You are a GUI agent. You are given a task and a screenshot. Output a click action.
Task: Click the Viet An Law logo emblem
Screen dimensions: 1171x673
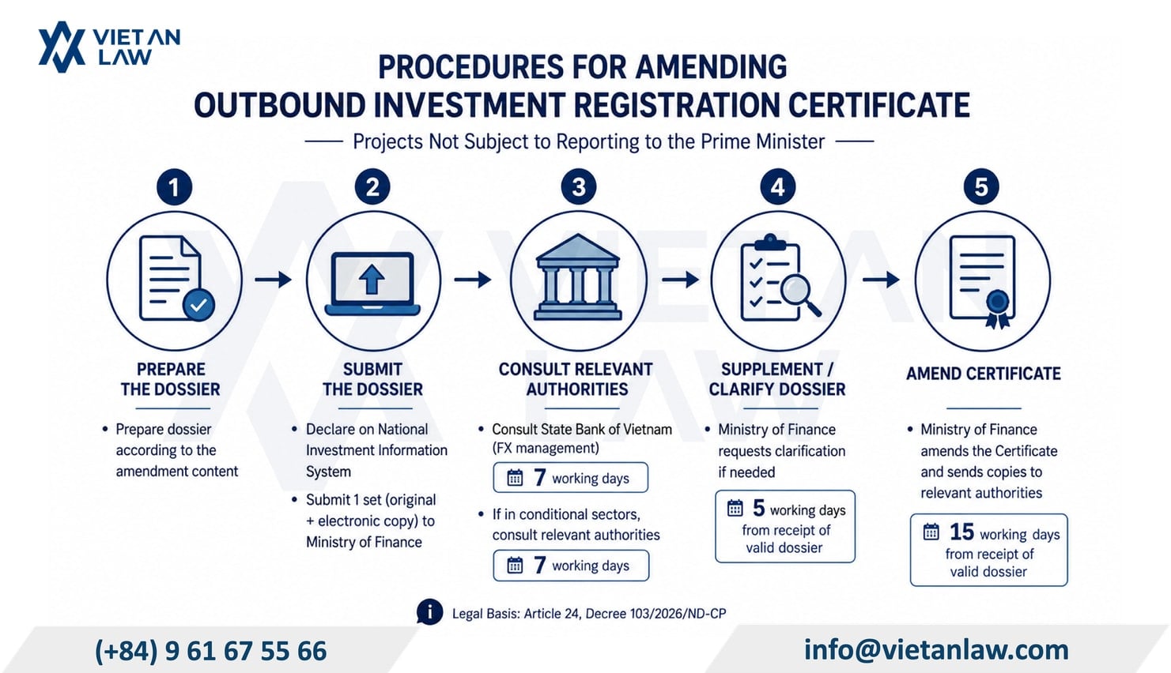62,47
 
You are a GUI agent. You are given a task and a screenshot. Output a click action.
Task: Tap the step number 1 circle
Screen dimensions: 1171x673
174,187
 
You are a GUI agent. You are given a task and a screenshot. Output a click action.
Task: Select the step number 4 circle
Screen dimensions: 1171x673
777,187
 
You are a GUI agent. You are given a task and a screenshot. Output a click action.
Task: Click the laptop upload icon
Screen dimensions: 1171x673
372,284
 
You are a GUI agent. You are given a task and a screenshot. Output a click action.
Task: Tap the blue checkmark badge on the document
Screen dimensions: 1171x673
198,305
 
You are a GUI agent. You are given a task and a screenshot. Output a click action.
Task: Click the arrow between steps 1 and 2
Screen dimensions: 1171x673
273,280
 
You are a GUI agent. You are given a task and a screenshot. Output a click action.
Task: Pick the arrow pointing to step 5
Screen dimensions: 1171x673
881,280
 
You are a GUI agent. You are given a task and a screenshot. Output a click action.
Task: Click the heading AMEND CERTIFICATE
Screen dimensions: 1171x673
984,374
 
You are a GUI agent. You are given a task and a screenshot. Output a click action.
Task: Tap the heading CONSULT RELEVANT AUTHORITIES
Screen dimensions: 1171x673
576,379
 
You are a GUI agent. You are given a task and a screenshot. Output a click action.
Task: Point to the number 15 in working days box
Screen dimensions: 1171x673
961,532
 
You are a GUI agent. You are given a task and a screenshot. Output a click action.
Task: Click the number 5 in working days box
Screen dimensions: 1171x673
758,507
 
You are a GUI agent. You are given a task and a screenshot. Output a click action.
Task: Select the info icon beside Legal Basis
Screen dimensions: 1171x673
429,612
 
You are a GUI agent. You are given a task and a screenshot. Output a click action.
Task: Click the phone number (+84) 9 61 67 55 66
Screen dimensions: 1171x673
210,651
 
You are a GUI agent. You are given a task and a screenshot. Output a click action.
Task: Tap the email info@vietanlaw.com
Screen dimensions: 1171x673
936,650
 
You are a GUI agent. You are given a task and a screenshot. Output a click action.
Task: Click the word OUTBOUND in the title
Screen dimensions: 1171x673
280,105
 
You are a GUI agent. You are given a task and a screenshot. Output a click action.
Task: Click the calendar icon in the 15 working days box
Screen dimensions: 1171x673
931,532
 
